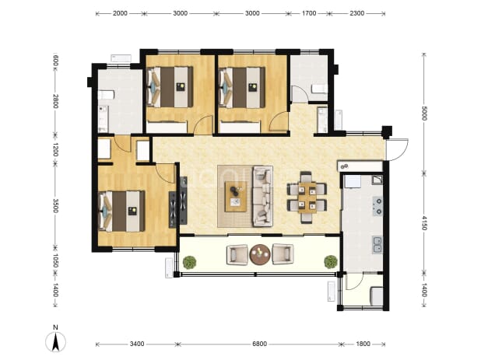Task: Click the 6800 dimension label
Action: click(259, 344)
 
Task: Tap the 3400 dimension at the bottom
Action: click(137, 344)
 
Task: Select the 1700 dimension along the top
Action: click(309, 13)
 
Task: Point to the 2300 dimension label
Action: click(357, 13)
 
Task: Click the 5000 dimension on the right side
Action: click(424, 113)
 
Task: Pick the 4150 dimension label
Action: click(424, 222)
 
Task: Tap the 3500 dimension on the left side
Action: click(55, 205)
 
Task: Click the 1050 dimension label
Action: click(55, 260)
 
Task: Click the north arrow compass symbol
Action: click(55, 341)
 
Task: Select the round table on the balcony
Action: click(260, 254)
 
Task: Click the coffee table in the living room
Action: click(236, 197)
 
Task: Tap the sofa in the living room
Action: click(262, 197)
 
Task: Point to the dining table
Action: click(307, 197)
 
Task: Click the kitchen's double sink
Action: click(377, 244)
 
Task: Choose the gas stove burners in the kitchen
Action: click(377, 206)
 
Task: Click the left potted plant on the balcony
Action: click(190, 263)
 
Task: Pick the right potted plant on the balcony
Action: click(331, 262)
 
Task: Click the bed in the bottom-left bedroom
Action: click(121, 211)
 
